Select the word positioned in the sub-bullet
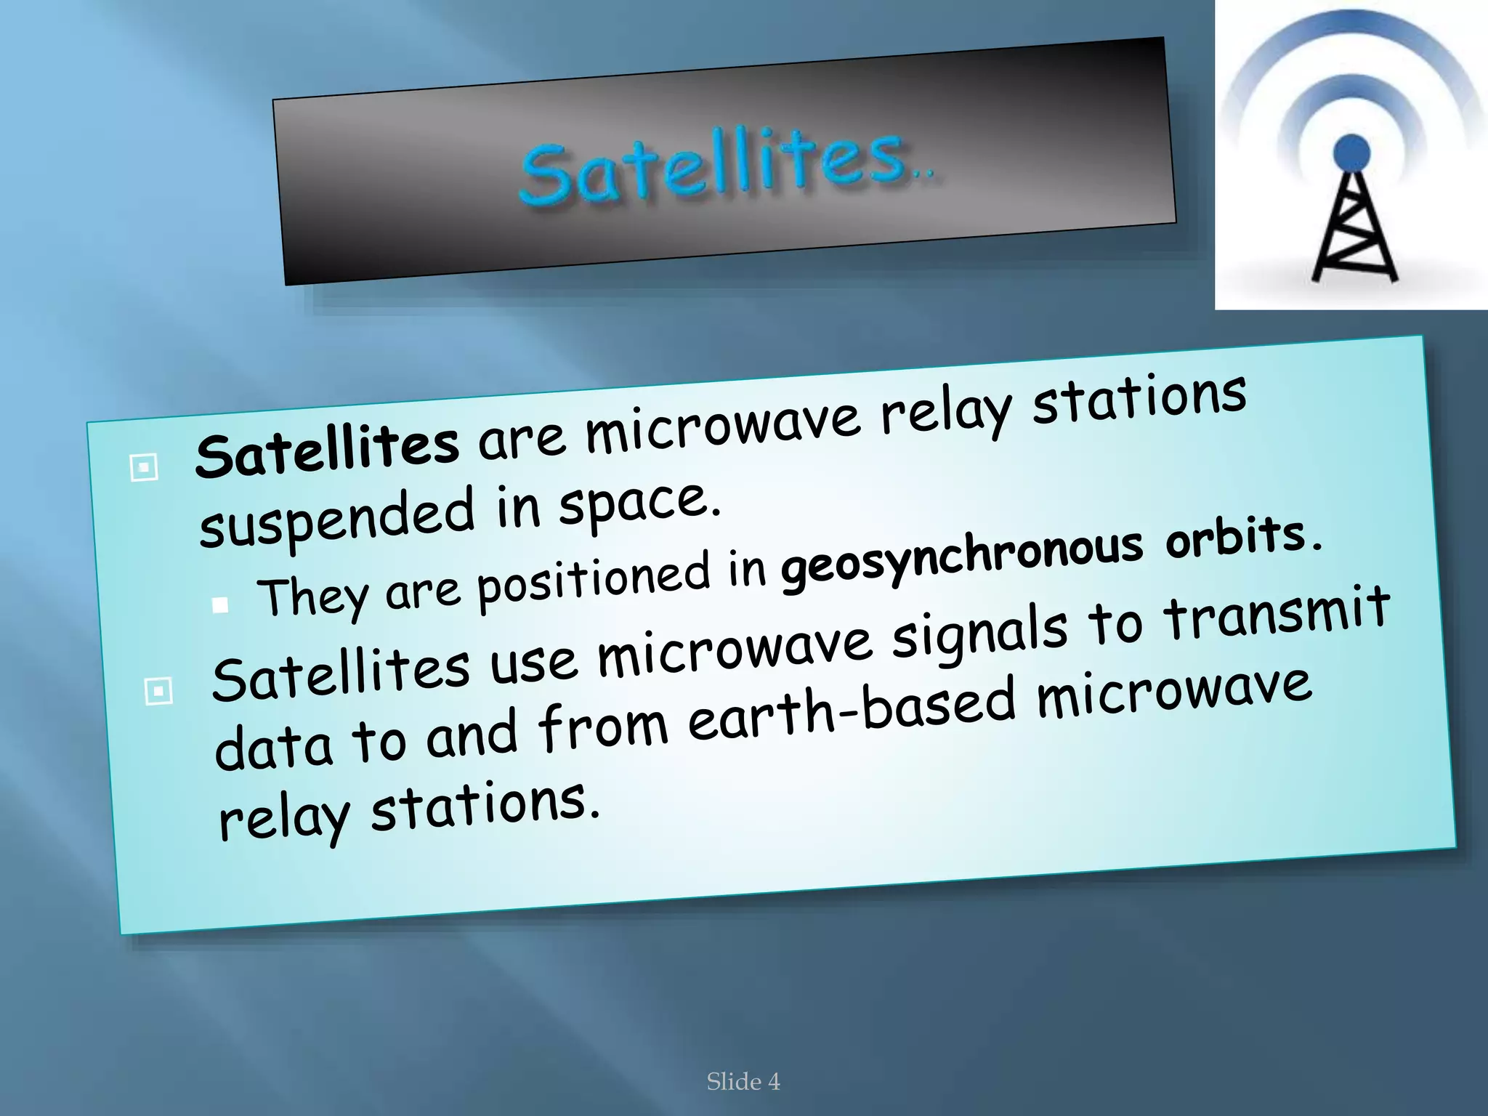(592, 581)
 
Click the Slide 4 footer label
(743, 1081)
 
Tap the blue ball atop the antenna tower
(1351, 153)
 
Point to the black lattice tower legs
(1353, 232)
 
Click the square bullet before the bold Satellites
(144, 467)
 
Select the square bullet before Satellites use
(158, 690)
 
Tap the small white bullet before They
(221, 604)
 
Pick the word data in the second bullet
(273, 748)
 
